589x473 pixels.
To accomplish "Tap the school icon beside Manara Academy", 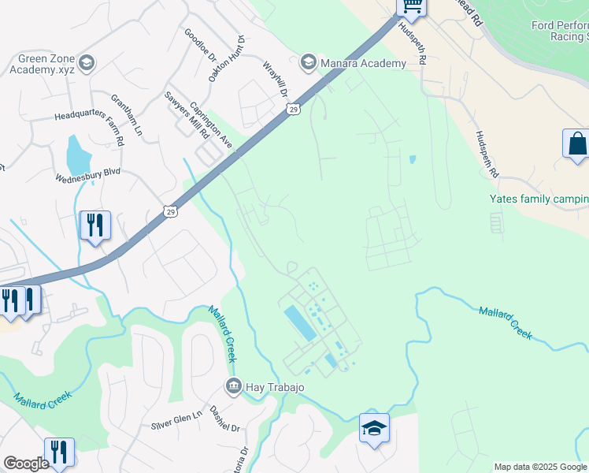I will tap(308, 61).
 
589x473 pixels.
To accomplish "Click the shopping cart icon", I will tap(412, 6).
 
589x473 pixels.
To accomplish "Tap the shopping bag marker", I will tap(577, 145).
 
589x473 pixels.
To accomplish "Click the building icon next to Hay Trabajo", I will tap(234, 386).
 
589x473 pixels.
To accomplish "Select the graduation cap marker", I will tap(375, 429).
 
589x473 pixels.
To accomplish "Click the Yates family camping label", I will tap(539, 199).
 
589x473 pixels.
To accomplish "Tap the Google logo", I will tap(25, 464).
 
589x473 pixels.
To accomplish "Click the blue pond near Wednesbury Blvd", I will tap(77, 157).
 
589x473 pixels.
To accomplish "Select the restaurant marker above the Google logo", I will tap(59, 453).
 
